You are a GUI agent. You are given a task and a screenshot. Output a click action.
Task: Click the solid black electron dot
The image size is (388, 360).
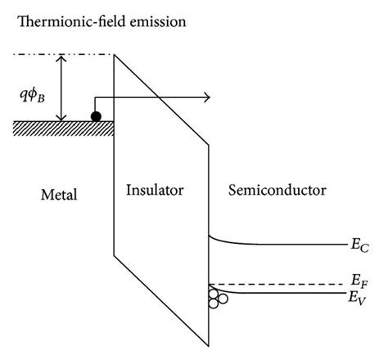tap(96, 116)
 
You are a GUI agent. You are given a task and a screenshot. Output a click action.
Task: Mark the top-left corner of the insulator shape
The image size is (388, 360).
tap(114, 55)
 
